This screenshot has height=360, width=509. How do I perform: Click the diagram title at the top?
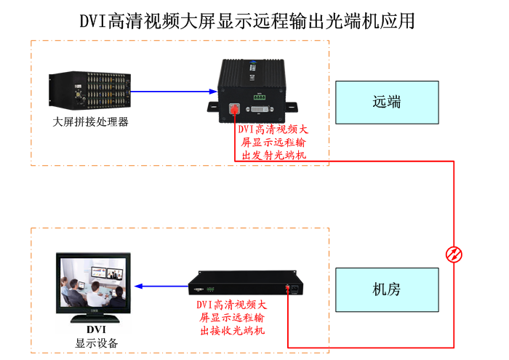coord(247,20)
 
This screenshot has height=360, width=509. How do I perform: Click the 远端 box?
coord(387,103)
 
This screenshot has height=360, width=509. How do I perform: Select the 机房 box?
coord(387,289)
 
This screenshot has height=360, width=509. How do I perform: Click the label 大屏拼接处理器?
coord(91,121)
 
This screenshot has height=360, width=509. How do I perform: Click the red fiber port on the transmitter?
coord(234,109)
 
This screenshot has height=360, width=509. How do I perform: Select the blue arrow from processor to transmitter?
coord(175,92)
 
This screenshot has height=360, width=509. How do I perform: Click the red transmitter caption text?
coord(273,142)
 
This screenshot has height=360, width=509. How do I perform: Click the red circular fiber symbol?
coord(454,254)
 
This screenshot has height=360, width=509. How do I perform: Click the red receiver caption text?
coord(232,317)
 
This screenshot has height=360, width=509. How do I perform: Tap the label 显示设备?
coord(96,343)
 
